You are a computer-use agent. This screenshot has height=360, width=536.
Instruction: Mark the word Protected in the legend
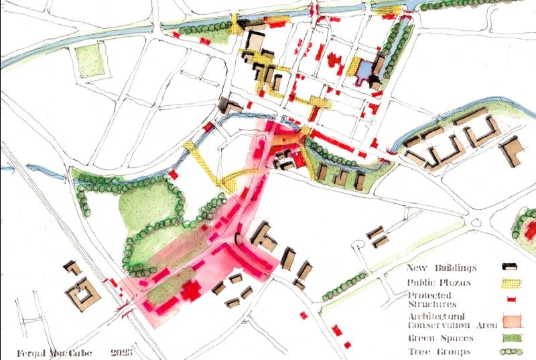[429, 296]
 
